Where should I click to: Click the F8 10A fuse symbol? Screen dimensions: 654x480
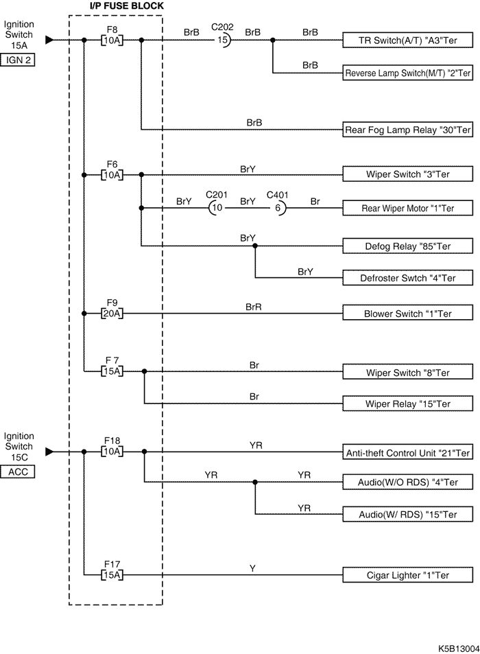[112, 40]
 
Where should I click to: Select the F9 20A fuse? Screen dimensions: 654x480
[112, 314]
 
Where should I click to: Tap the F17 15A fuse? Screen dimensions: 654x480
[112, 575]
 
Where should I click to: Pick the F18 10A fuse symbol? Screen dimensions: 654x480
[112, 452]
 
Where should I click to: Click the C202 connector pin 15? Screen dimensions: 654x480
[222, 40]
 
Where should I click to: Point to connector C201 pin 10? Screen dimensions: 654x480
[216, 207]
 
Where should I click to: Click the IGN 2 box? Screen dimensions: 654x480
[19, 60]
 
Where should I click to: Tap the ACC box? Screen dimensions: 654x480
[19, 471]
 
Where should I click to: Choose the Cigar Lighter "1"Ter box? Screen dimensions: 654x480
[407, 575]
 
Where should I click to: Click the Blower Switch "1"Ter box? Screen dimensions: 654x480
[407, 314]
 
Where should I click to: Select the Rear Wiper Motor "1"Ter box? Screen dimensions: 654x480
[407, 207]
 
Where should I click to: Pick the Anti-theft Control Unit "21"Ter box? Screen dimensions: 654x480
[407, 452]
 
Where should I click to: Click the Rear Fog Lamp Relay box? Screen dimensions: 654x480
[407, 128]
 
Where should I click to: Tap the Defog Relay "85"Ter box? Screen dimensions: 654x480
[407, 245]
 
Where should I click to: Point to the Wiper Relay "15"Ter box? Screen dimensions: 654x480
[407, 403]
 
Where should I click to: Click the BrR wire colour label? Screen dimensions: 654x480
[254, 307]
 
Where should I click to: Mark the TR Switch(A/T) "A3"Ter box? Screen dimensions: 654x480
[407, 40]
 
